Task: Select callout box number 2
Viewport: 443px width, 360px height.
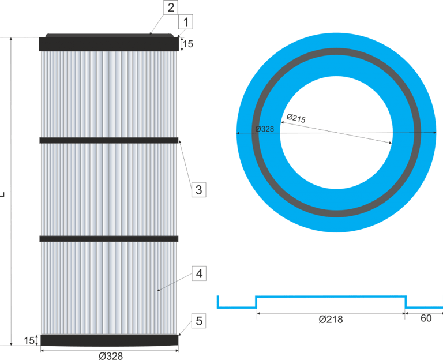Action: click(x=170, y=7)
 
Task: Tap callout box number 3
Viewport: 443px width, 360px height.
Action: click(x=198, y=189)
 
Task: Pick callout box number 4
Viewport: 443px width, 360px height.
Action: click(x=198, y=274)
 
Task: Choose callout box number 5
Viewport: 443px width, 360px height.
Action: click(x=198, y=321)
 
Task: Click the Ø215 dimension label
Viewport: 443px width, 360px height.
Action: click(x=296, y=118)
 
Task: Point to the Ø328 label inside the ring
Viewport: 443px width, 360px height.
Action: click(x=264, y=129)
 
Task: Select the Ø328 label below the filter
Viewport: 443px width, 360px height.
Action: click(x=110, y=355)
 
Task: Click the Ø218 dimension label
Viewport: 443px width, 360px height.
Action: click(x=331, y=319)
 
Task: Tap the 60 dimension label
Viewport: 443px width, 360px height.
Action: click(x=426, y=318)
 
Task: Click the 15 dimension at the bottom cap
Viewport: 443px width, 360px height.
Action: click(x=29, y=340)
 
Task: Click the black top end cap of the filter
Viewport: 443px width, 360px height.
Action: click(x=109, y=44)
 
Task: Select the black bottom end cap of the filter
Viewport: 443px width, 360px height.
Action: click(x=109, y=340)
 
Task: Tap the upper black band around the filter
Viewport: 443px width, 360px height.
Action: click(x=109, y=140)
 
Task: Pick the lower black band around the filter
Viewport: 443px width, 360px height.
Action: click(x=109, y=238)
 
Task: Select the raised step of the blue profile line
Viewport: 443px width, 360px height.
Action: click(x=331, y=297)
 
